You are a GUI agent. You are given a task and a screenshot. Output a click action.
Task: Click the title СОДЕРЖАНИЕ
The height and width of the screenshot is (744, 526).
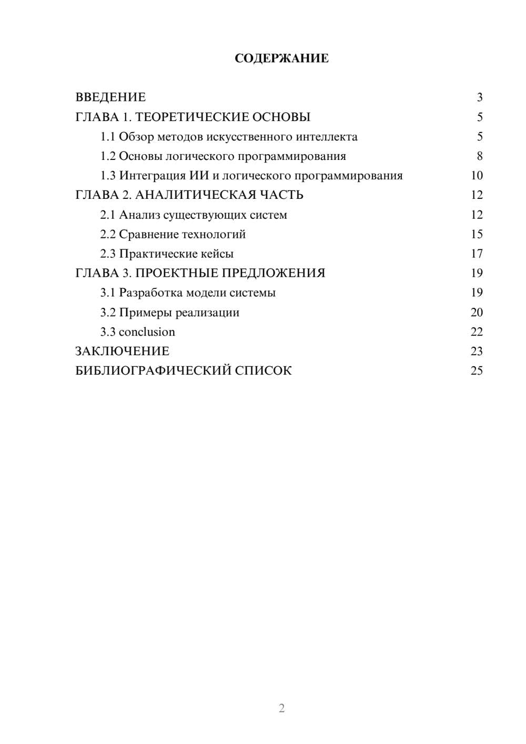281,58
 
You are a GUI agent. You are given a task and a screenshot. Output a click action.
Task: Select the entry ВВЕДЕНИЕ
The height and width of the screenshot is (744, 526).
110,97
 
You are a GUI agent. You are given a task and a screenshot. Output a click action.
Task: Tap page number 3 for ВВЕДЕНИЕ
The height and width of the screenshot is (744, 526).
479,97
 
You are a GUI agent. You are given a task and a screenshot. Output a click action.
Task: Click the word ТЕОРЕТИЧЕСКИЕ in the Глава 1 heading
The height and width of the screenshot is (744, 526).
189,117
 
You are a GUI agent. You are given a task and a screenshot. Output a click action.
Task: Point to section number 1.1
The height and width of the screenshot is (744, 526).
108,137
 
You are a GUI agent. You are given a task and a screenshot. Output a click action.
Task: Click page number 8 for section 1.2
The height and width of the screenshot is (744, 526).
479,156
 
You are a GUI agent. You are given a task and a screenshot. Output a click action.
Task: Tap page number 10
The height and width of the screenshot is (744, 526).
477,176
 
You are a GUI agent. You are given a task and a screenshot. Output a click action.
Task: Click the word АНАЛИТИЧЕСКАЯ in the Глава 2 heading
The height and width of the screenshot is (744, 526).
196,195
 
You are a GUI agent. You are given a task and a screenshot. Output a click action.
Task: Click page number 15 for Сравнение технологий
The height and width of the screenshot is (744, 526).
477,234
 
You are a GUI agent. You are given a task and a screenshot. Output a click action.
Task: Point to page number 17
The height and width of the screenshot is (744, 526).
477,254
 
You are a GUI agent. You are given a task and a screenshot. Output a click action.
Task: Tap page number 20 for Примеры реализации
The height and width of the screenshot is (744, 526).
477,313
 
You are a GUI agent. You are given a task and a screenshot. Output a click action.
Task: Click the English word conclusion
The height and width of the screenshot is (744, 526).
147,332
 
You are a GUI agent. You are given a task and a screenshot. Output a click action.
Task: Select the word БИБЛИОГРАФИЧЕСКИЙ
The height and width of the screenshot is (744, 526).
153,371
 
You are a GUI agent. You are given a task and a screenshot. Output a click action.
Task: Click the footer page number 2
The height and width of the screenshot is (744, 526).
281,708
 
